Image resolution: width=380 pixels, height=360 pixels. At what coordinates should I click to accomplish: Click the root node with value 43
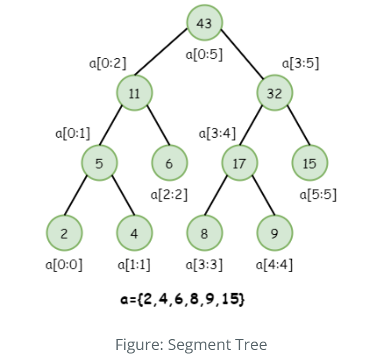[x=204, y=23]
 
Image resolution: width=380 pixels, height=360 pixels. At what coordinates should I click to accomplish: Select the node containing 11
[x=135, y=93]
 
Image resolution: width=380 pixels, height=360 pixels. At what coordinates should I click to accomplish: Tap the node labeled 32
[x=275, y=93]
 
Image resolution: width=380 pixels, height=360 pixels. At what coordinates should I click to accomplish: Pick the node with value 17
[x=239, y=163]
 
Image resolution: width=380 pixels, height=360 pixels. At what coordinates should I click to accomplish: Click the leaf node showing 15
[x=310, y=163]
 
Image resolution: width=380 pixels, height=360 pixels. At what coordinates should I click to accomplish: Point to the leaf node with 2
[x=64, y=233]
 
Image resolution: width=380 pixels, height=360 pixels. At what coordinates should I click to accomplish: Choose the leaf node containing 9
[x=275, y=233]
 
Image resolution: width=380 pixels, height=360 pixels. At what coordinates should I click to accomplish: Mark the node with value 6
[x=170, y=163]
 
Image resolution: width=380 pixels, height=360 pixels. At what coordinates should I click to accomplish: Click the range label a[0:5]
[x=204, y=54]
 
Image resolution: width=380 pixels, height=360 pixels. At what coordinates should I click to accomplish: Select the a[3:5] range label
[x=301, y=63]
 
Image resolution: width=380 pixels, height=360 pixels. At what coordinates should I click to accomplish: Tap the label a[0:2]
[x=108, y=63]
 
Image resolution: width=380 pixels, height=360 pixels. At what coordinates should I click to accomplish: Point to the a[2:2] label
[x=169, y=194]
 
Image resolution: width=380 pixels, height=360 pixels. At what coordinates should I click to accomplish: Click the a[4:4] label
[x=274, y=264]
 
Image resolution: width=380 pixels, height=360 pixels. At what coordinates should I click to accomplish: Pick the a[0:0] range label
[x=64, y=264]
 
